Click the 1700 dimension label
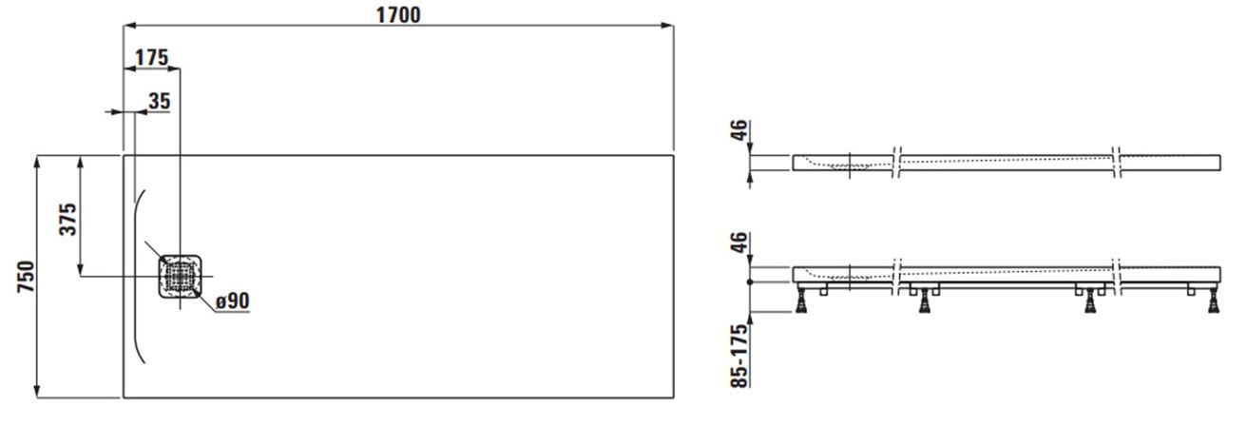398,14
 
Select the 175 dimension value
151,57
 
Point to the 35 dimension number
160,101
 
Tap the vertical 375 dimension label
67,220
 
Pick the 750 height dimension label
27,277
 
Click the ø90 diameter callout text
233,301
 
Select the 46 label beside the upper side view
739,131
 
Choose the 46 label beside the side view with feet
739,243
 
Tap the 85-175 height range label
739,356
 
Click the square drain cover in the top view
180,276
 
